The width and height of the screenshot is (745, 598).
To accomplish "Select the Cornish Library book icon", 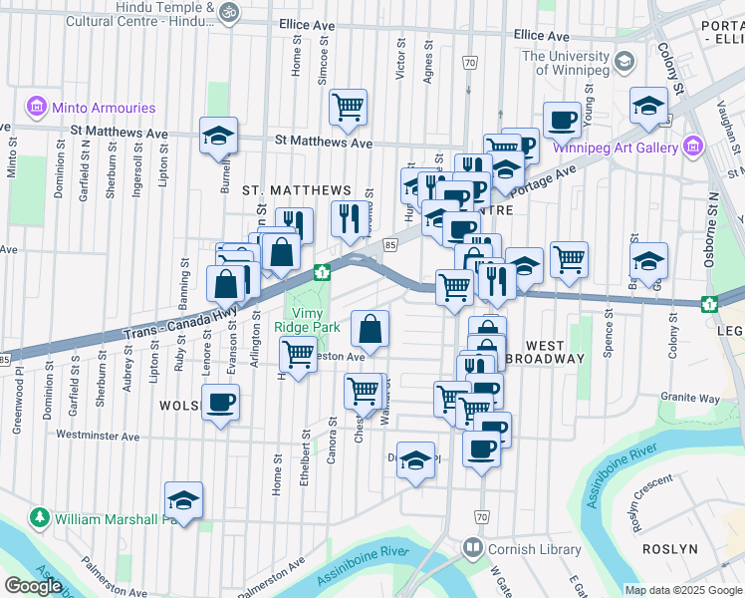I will (x=471, y=548).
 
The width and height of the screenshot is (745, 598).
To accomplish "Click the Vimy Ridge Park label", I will (x=308, y=319).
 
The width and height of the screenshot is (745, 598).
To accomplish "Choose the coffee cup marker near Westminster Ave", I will (x=220, y=404).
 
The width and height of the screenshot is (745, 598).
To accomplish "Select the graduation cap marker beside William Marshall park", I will (x=183, y=500).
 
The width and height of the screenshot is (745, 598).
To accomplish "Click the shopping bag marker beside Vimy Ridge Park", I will (x=370, y=328).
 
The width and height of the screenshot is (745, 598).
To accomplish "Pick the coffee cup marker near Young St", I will (x=562, y=119).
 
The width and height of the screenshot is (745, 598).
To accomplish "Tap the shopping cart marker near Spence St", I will (x=569, y=259).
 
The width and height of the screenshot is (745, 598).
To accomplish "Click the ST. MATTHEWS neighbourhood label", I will (x=297, y=190).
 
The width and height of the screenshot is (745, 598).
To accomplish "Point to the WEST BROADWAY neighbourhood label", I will (x=547, y=350).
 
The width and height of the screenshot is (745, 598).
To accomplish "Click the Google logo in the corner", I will (x=32, y=586).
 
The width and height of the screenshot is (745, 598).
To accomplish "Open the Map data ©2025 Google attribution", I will (x=682, y=590).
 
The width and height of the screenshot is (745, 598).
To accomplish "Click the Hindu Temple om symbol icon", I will (x=229, y=12).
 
